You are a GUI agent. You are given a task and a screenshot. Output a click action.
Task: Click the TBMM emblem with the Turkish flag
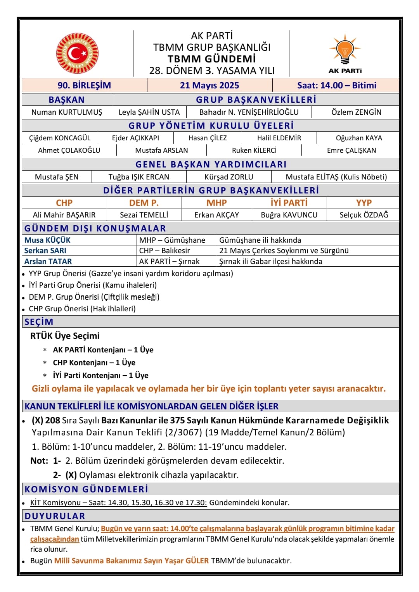pyautogui.click(x=77, y=53)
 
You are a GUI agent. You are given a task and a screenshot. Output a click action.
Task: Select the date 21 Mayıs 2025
pyautogui.click(x=209, y=85)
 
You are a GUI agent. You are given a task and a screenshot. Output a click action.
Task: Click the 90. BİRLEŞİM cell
pyautogui.click(x=84, y=85)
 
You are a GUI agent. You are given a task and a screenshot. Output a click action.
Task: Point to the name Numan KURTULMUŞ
pyautogui.click(x=67, y=112)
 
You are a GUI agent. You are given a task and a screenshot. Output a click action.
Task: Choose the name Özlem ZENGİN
pyautogui.click(x=356, y=112)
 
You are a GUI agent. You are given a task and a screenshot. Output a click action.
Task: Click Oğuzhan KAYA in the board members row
pyautogui.click(x=358, y=138)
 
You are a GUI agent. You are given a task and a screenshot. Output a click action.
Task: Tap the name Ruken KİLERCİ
pyautogui.click(x=254, y=150)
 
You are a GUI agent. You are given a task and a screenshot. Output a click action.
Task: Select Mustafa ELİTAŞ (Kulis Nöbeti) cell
pyautogui.click(x=336, y=177)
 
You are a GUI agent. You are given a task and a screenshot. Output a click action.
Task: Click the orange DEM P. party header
pyautogui.click(x=144, y=203)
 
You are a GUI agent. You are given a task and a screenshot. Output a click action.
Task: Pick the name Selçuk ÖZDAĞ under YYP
pyautogui.click(x=364, y=215)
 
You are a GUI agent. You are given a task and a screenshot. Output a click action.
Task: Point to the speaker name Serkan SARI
pyautogui.click(x=45, y=250)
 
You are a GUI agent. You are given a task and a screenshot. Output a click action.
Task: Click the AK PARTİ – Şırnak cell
pyautogui.click(x=169, y=261)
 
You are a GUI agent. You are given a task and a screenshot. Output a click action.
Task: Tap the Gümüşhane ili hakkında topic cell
pyautogui.click(x=260, y=240)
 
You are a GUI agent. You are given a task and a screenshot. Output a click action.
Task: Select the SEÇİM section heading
pyautogui.click(x=39, y=322)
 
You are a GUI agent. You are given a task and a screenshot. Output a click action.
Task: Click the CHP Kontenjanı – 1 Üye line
pyautogui.click(x=94, y=362)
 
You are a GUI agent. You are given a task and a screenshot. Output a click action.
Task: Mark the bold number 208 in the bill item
pyautogui.click(x=53, y=420)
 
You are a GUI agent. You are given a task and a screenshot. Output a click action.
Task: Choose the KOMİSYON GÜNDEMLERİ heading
pyautogui.click(x=86, y=489)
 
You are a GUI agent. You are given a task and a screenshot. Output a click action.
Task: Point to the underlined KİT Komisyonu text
pyautogui.click(x=55, y=502)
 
